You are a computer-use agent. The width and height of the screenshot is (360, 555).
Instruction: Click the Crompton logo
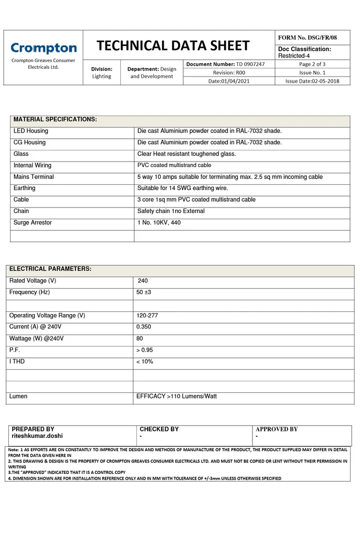[44, 48]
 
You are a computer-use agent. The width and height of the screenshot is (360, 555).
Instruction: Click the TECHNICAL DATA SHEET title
[173, 46]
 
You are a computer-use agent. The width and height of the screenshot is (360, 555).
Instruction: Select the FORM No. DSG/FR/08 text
[307, 37]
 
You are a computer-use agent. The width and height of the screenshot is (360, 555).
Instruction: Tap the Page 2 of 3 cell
[312, 64]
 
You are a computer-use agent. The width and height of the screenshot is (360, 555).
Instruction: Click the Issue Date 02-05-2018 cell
[312, 81]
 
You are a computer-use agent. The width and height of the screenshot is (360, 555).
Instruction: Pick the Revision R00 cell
[229, 73]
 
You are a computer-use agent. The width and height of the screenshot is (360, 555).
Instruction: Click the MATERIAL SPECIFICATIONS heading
[55, 119]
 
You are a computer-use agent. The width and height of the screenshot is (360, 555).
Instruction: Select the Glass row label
[21, 154]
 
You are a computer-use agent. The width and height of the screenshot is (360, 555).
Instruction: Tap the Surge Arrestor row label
[33, 223]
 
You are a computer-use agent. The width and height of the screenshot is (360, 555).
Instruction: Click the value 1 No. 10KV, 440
[159, 223]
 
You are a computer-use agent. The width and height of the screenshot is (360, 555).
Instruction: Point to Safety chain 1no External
[171, 211]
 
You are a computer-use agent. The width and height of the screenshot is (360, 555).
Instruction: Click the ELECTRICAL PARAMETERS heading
[50, 269]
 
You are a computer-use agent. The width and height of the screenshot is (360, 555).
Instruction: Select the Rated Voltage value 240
[143, 281]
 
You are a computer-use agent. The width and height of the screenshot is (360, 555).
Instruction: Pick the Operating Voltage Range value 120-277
[147, 315]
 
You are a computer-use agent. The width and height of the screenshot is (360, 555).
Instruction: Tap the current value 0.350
[144, 327]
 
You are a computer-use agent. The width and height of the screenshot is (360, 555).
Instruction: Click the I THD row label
[17, 361]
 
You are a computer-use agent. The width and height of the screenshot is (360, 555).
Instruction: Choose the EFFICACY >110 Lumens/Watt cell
[176, 397]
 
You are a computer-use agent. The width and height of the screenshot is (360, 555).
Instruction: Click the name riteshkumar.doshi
[37, 436]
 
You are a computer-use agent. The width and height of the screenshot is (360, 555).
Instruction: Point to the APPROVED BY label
[276, 429]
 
